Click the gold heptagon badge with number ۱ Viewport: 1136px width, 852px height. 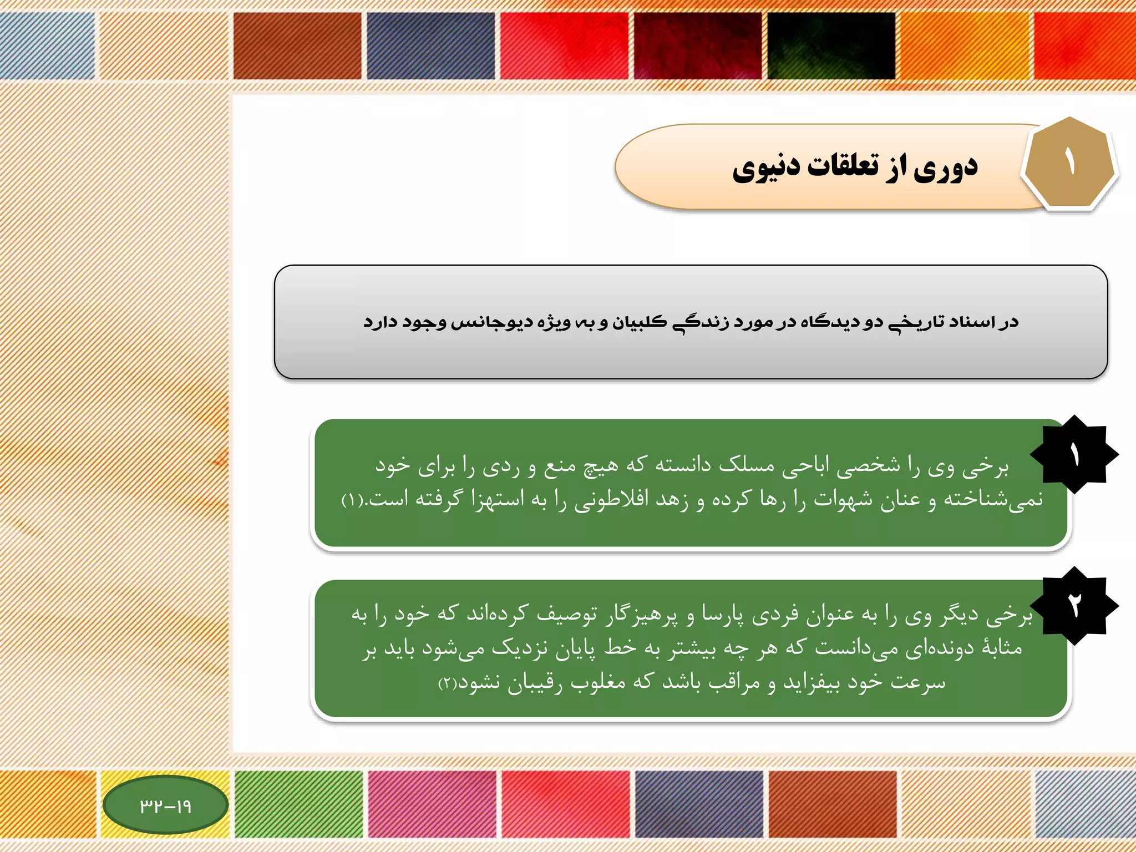click(1069, 164)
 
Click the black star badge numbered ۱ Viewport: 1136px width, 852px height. click(1074, 455)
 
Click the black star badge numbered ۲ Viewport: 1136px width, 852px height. click(1074, 606)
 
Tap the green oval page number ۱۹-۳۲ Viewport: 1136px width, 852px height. click(165, 805)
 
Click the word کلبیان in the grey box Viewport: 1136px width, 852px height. click(639, 322)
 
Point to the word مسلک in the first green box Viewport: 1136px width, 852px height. click(746, 465)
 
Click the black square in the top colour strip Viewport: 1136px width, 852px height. click(831, 45)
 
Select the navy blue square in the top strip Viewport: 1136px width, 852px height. click(430, 45)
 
